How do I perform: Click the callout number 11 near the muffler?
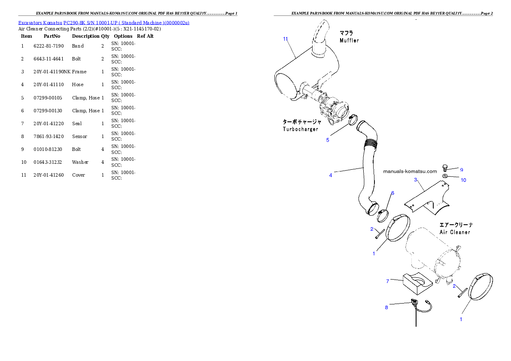tap(286, 39)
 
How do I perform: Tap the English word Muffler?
tap(349, 41)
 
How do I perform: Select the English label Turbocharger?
tap(300, 129)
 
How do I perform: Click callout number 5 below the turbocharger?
tap(328, 140)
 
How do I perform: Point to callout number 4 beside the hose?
tap(331, 175)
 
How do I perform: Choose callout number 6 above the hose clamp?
tap(392, 193)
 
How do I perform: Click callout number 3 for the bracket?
tap(416, 180)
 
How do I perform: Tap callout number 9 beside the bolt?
tap(462, 170)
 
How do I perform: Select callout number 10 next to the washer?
tap(463, 180)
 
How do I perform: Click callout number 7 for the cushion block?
tap(388, 281)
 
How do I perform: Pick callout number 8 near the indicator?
tap(386, 307)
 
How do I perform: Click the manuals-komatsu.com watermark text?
tap(410, 171)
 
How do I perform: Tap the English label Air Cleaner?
tap(455, 232)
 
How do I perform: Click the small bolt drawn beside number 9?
tap(445, 168)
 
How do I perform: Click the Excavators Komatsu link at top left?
tap(103, 23)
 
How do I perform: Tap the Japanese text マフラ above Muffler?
tap(347, 33)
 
